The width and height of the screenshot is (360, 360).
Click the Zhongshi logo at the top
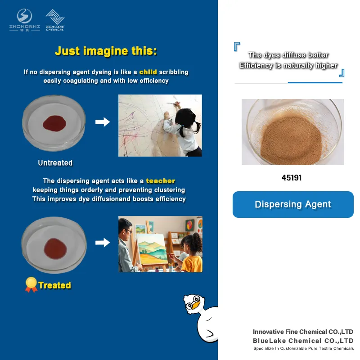(x=25, y=20)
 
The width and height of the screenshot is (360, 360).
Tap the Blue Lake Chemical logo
(x=55, y=20)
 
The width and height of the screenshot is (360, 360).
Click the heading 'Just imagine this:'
(x=106, y=51)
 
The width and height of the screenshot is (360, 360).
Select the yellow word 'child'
(x=148, y=72)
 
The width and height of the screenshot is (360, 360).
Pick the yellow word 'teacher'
(x=161, y=181)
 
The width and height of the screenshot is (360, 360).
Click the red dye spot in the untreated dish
(x=54, y=123)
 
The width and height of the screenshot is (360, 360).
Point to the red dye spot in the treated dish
(x=55, y=249)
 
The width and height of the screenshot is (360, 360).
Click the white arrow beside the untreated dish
(x=103, y=122)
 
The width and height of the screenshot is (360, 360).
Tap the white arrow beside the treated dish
(x=103, y=243)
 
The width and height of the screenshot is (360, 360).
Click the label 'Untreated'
(x=55, y=163)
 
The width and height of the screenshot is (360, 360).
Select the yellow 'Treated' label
(x=54, y=285)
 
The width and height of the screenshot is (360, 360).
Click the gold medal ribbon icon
(x=31, y=285)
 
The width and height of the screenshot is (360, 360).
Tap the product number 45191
(x=291, y=178)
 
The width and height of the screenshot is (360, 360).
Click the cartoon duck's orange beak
(x=196, y=305)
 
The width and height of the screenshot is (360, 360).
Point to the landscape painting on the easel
(x=152, y=249)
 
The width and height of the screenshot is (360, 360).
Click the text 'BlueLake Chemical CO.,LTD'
(x=303, y=341)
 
